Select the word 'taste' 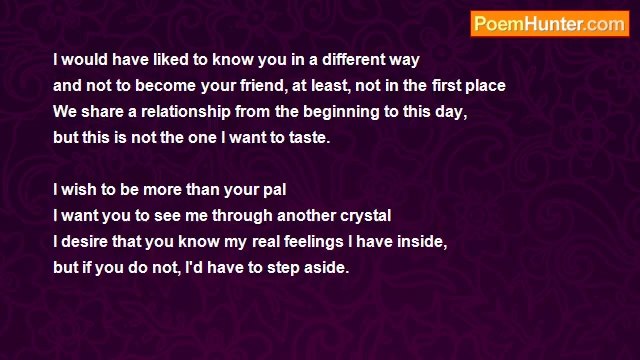point(307,138)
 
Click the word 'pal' point(275,189)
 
